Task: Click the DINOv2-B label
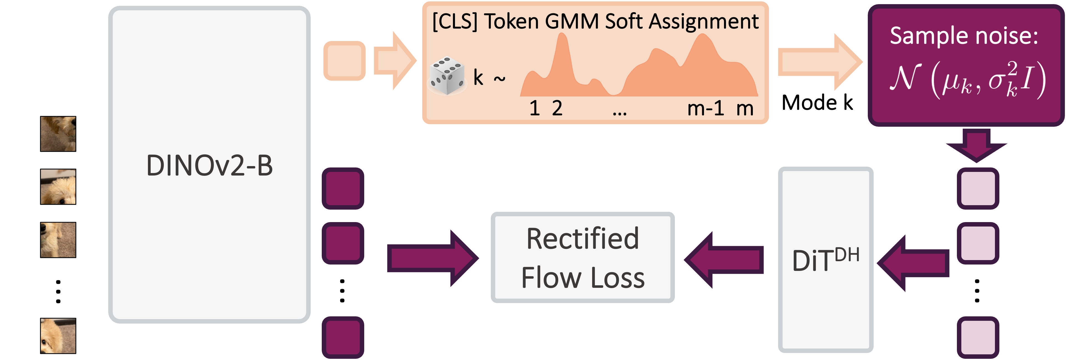209,166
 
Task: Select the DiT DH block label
826,260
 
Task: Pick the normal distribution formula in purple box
967,78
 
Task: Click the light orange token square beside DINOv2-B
344,61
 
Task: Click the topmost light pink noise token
978,188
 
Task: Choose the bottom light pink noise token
978,337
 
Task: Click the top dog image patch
58,134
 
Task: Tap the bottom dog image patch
58,335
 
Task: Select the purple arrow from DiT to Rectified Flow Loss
724,260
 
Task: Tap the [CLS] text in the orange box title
454,22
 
